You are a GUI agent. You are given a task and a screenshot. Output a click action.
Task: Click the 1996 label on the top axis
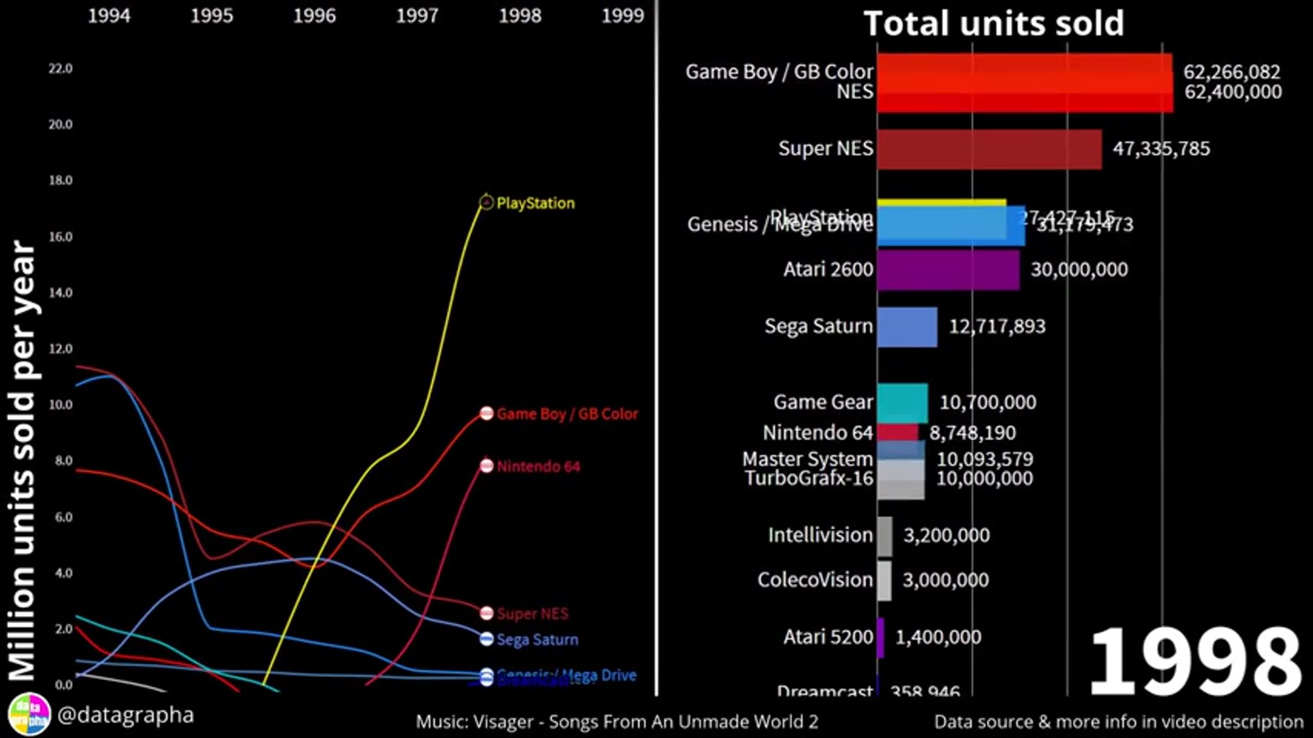[314, 16]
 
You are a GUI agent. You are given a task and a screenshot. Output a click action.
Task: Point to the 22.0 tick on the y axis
[61, 68]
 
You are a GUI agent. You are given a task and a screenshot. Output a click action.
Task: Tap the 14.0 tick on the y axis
[61, 293]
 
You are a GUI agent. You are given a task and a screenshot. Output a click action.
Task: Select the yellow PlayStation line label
[535, 203]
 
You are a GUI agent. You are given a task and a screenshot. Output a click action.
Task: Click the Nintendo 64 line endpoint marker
[487, 466]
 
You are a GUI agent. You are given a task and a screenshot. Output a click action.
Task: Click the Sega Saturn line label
[537, 640]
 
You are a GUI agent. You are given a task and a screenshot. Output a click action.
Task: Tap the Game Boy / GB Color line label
[567, 414]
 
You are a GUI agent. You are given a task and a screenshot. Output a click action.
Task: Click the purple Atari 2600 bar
[948, 270]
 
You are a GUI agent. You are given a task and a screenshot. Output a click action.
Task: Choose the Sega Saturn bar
[907, 327]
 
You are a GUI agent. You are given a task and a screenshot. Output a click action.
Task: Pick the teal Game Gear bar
[902, 402]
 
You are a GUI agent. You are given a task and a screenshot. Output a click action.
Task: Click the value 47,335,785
[1161, 149]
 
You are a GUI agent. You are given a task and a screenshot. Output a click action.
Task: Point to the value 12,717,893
[997, 326]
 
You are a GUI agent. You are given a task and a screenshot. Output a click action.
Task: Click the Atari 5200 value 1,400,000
[938, 637]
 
